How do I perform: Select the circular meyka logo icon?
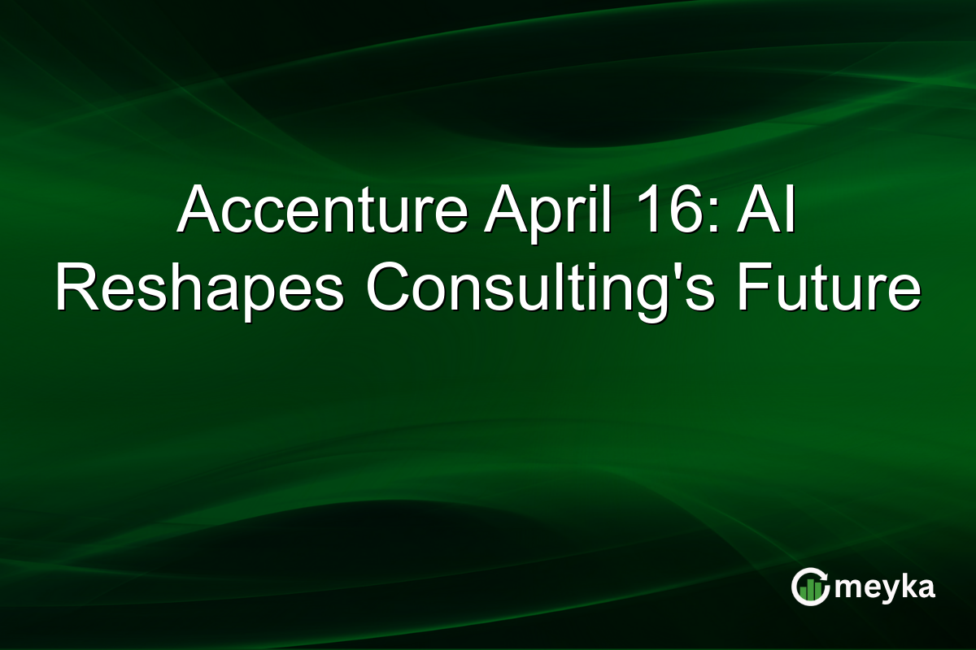810,587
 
